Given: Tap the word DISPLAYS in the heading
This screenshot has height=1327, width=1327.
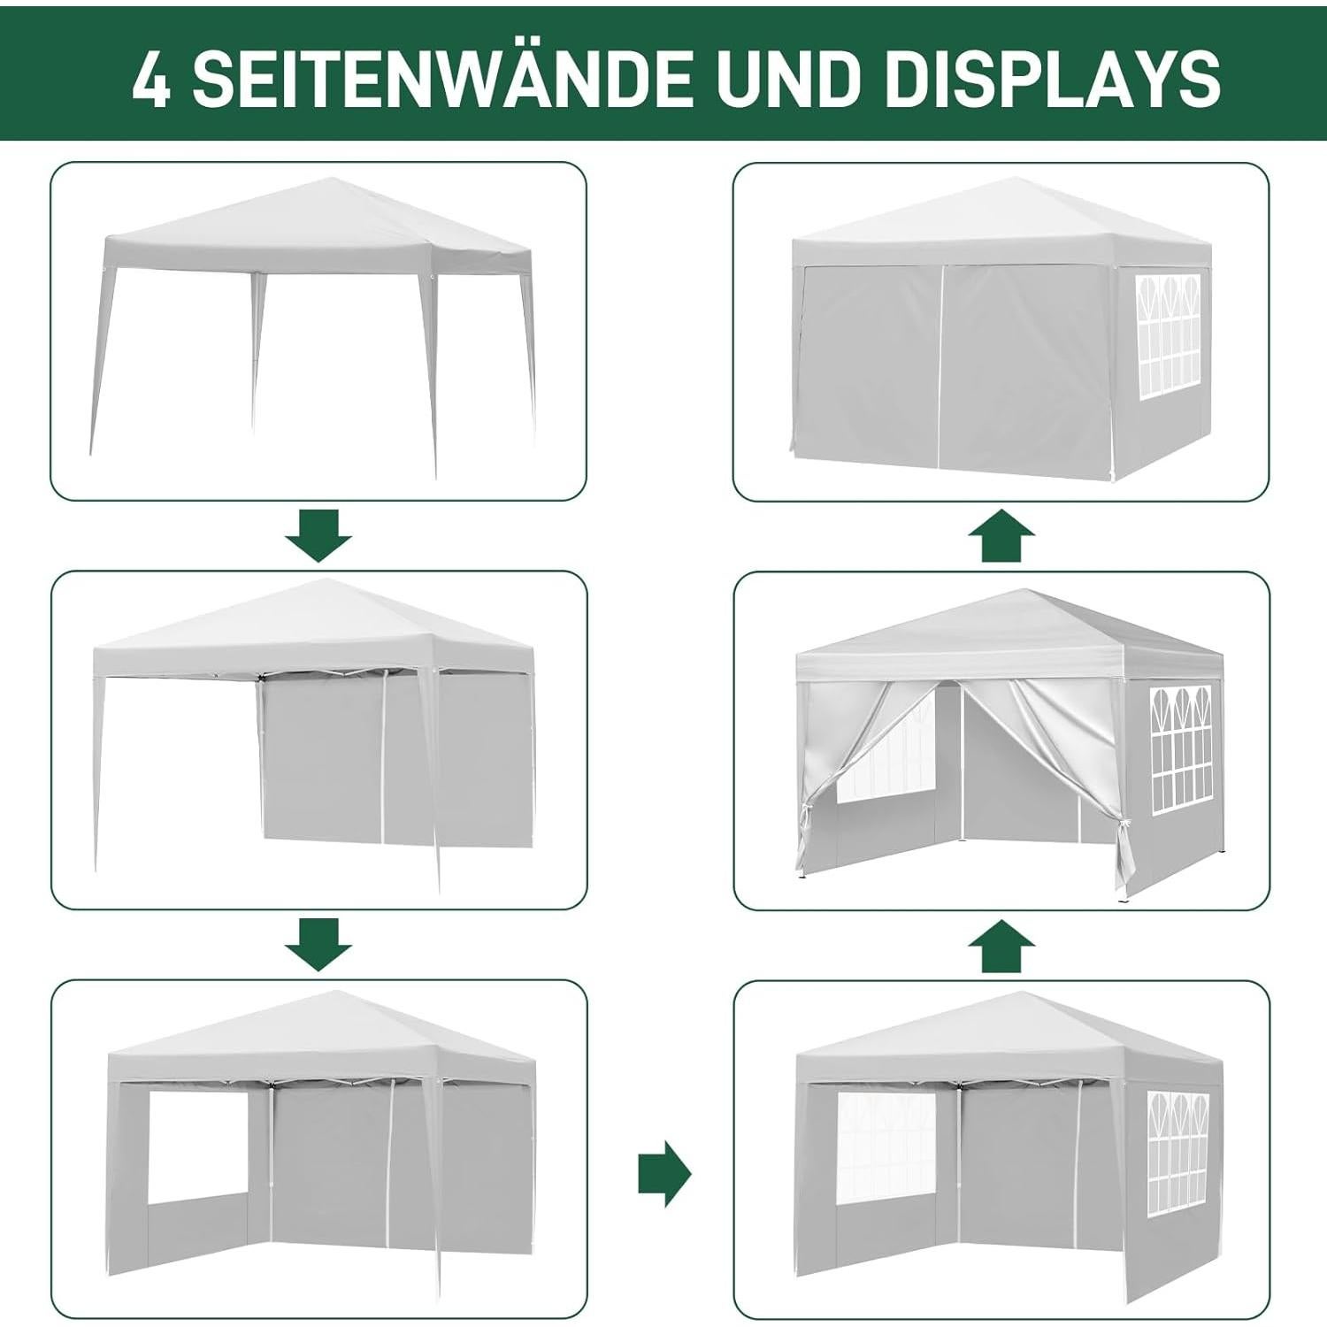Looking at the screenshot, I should (1052, 78).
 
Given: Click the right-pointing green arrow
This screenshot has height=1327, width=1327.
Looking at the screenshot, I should (664, 1173).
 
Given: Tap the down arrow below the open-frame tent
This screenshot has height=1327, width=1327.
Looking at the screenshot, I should (318, 534).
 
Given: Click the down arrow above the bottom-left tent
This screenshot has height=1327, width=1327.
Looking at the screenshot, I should (318, 944).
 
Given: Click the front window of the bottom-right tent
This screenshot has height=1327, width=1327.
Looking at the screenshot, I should (886, 1147).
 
